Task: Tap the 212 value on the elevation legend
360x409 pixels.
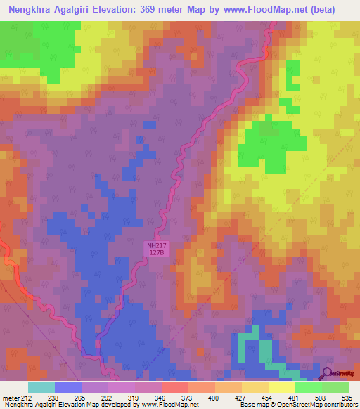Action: tap(28, 397)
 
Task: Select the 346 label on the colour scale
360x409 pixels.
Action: tap(148, 397)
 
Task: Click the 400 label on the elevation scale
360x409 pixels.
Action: tap(201, 397)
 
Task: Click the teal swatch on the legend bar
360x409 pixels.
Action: tap(41, 387)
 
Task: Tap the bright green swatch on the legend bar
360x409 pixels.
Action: tap(308, 387)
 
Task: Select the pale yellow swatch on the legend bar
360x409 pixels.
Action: tap(282, 387)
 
